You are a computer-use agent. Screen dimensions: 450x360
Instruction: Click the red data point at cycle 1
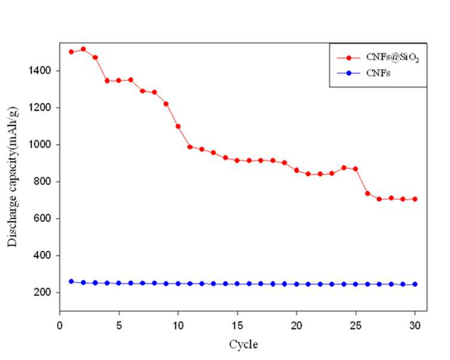tap(71, 52)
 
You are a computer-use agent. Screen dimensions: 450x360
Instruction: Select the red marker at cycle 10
tap(178, 126)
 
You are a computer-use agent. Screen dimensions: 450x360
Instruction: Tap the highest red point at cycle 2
tap(83, 49)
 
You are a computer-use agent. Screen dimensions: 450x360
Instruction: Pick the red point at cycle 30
tap(415, 199)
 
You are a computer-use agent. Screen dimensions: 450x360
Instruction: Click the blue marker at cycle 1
tap(71, 281)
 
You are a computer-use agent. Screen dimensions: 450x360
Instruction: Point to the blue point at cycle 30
tap(415, 284)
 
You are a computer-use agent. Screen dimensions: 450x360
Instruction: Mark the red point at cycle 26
tap(367, 193)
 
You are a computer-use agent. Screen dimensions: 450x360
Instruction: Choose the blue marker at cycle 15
tap(237, 284)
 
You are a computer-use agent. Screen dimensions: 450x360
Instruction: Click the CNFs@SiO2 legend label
tap(393, 57)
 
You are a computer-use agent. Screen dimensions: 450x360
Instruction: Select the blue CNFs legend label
tap(378, 73)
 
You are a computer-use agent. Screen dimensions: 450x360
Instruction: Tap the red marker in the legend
tap(349, 58)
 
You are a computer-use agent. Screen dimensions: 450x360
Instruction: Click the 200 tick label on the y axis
tap(43, 292)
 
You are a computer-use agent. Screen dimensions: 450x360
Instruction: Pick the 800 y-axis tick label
tap(43, 181)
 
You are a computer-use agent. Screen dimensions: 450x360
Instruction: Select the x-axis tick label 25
tap(356, 325)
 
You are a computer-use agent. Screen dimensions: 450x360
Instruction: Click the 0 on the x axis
tap(60, 325)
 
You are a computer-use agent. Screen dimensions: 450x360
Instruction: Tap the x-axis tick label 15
tap(237, 325)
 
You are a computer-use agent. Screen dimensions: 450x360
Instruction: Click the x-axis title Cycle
tap(243, 344)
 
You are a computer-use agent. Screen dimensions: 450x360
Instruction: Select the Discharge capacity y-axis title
tap(12, 177)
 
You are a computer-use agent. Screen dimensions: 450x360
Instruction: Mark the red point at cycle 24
tap(344, 168)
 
